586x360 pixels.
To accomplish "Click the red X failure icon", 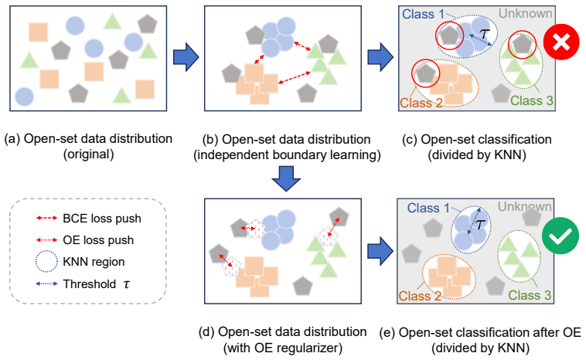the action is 561,42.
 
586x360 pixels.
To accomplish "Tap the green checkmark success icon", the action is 560,236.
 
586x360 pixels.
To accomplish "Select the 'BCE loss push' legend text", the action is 102,219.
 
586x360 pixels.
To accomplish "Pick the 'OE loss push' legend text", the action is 98,240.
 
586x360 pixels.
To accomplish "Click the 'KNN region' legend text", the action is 94,262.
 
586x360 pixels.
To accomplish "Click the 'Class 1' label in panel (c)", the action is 423,14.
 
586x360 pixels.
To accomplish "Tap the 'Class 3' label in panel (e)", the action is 530,295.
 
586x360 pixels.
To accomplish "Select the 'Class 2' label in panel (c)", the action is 421,103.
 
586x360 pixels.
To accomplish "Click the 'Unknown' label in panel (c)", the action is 526,13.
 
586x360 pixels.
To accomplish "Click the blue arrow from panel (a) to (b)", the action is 186,56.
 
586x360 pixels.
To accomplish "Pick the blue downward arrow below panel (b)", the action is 286,179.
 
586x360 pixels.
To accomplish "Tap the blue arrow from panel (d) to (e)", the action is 380,251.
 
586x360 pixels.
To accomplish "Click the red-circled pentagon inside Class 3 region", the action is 522,44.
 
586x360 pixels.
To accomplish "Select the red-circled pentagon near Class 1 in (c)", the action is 449,36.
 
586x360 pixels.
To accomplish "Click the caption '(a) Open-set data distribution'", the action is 88,138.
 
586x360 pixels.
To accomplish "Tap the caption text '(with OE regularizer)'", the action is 283,348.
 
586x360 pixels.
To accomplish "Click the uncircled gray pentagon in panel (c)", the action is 501,93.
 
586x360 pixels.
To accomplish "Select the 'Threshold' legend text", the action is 90,284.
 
